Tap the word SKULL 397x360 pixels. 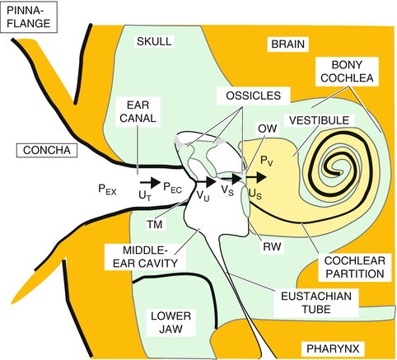point(152,41)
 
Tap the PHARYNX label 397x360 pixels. point(332,348)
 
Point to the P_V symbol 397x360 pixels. point(266,158)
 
